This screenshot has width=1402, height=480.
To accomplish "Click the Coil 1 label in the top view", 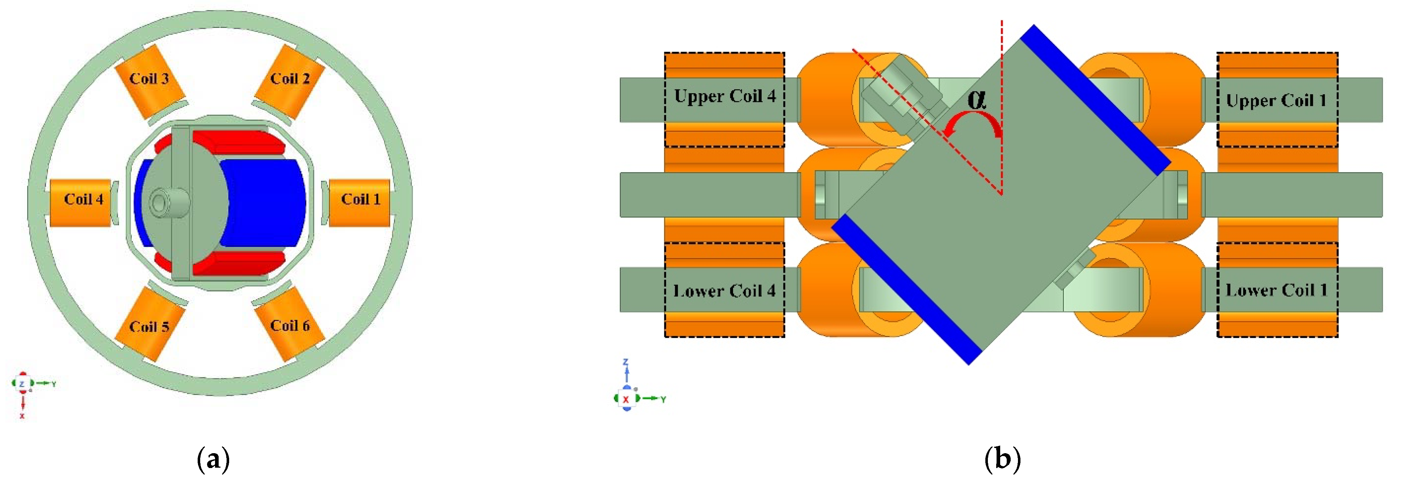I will pos(360,199).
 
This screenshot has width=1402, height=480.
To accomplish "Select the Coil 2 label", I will pos(290,79).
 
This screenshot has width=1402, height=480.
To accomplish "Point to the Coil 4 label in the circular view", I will pos(83,199).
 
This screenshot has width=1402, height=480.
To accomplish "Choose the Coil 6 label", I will pos(290,326).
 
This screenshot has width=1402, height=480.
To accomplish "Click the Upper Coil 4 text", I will pos(724,96).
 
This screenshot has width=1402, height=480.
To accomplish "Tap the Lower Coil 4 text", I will pos(724,291).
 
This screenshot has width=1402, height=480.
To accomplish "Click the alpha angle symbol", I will pos(977,99).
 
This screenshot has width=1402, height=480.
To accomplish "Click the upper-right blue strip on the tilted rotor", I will pos(1095,99).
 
